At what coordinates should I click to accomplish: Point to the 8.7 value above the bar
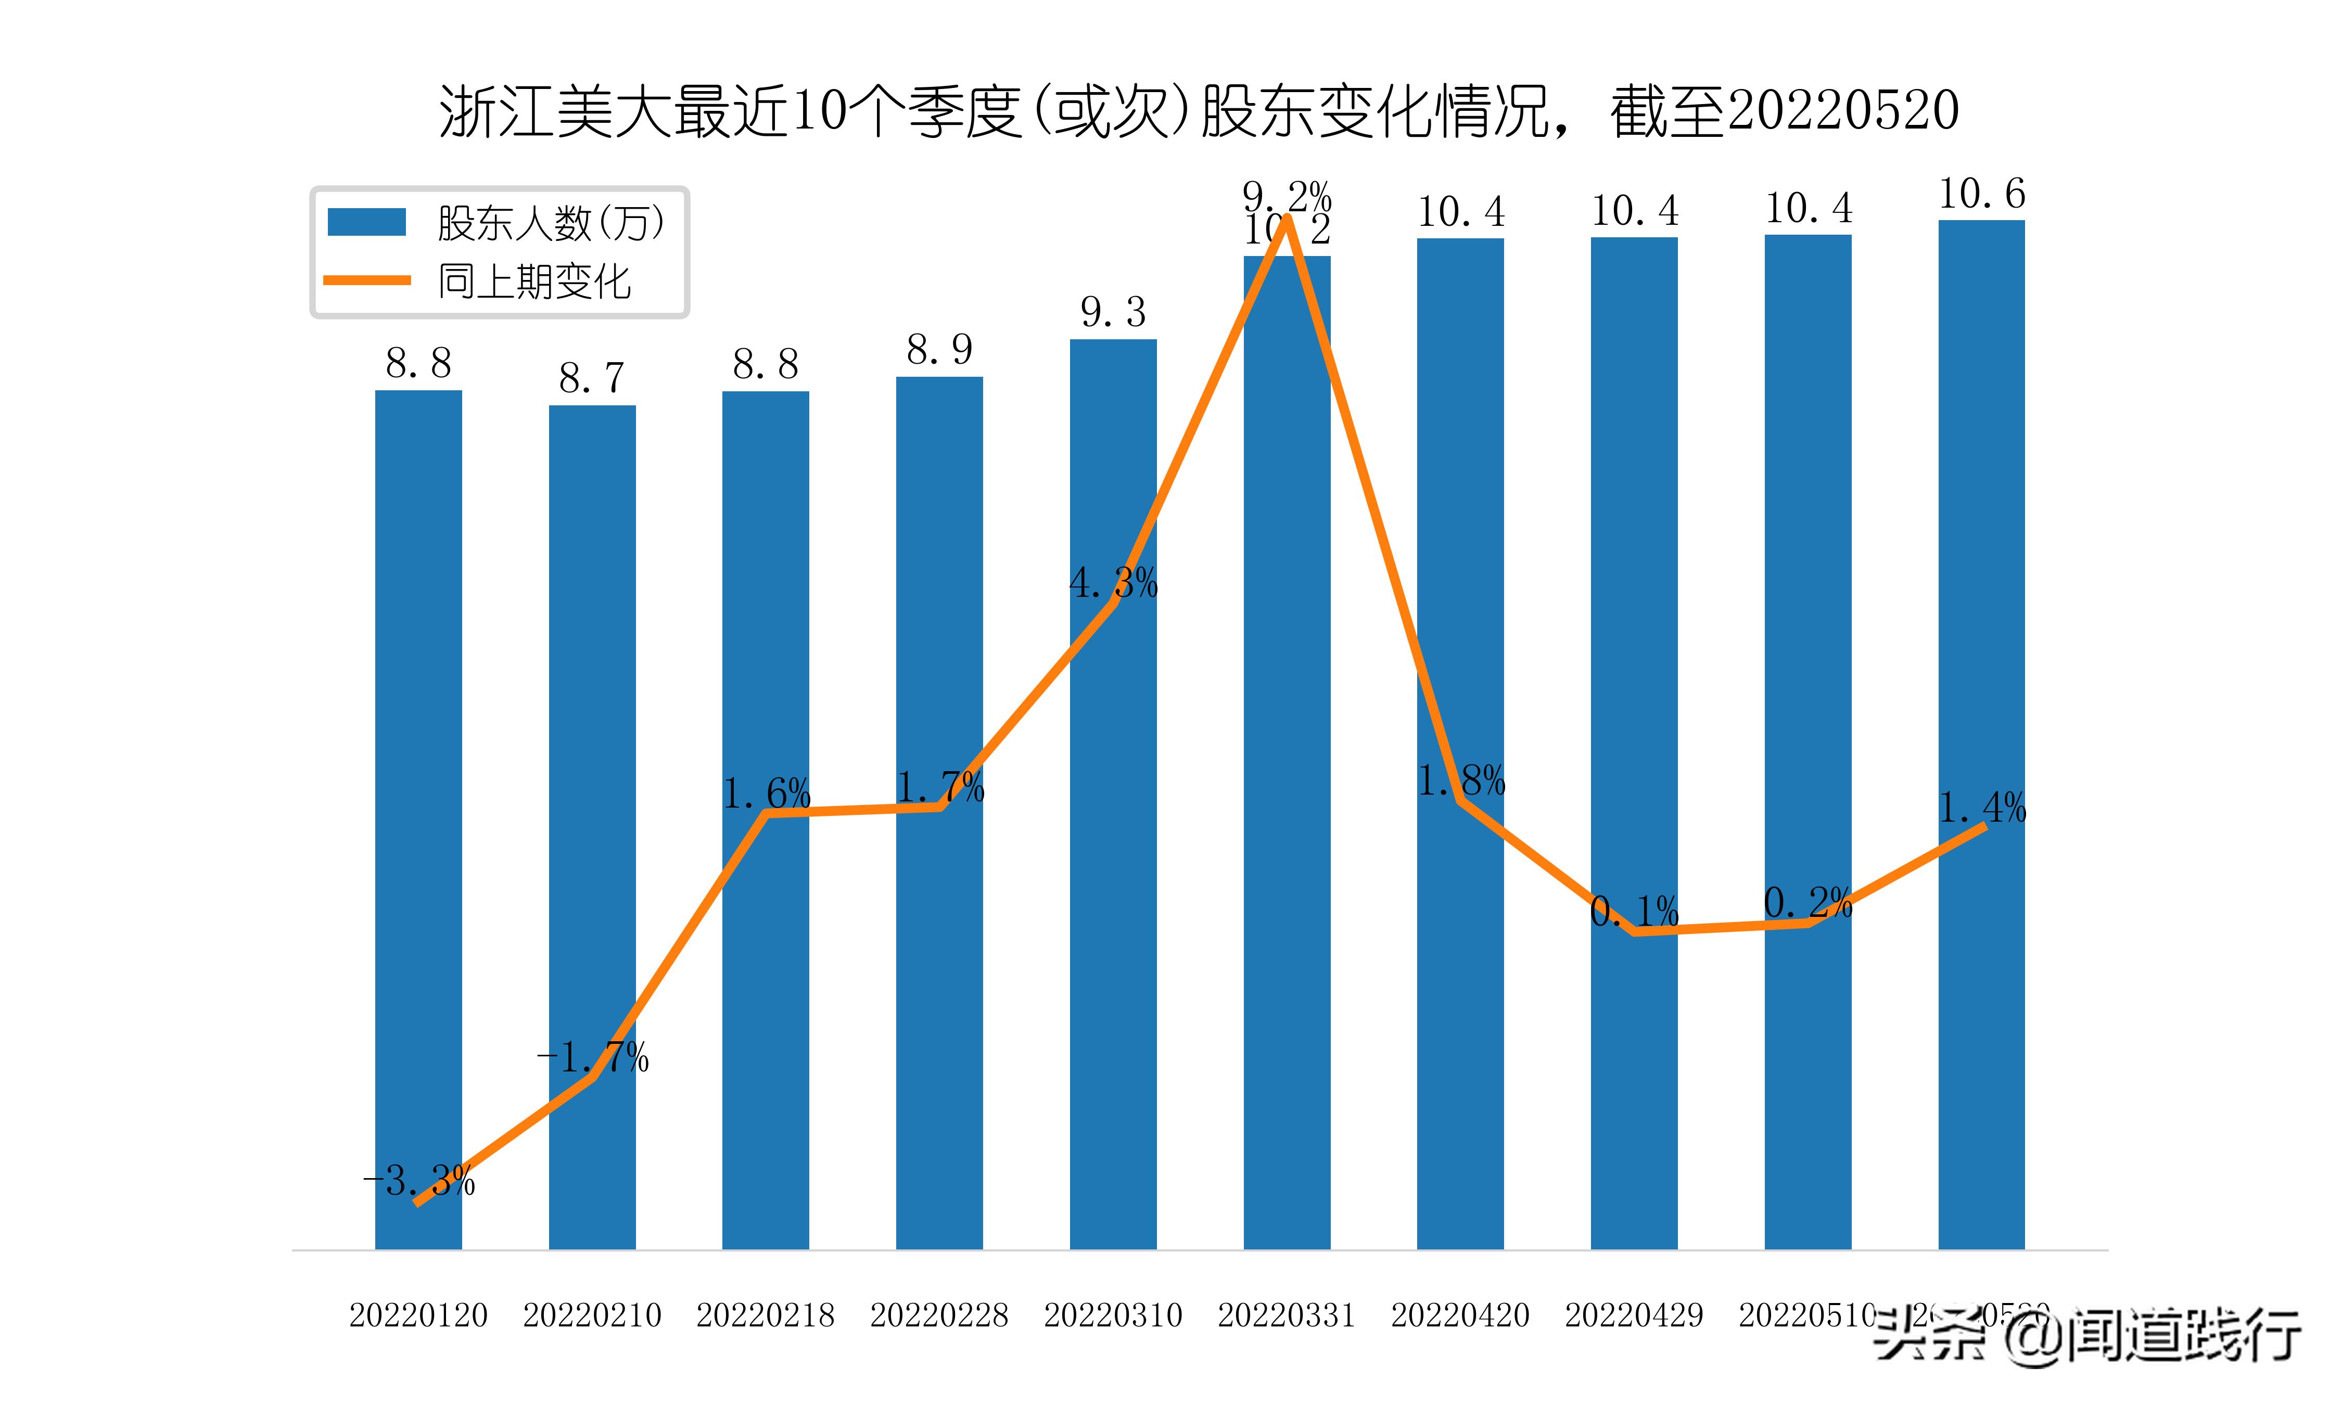click(x=592, y=379)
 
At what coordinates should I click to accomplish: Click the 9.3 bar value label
click(x=1113, y=312)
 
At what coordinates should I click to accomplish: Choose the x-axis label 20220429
click(x=1634, y=1315)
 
